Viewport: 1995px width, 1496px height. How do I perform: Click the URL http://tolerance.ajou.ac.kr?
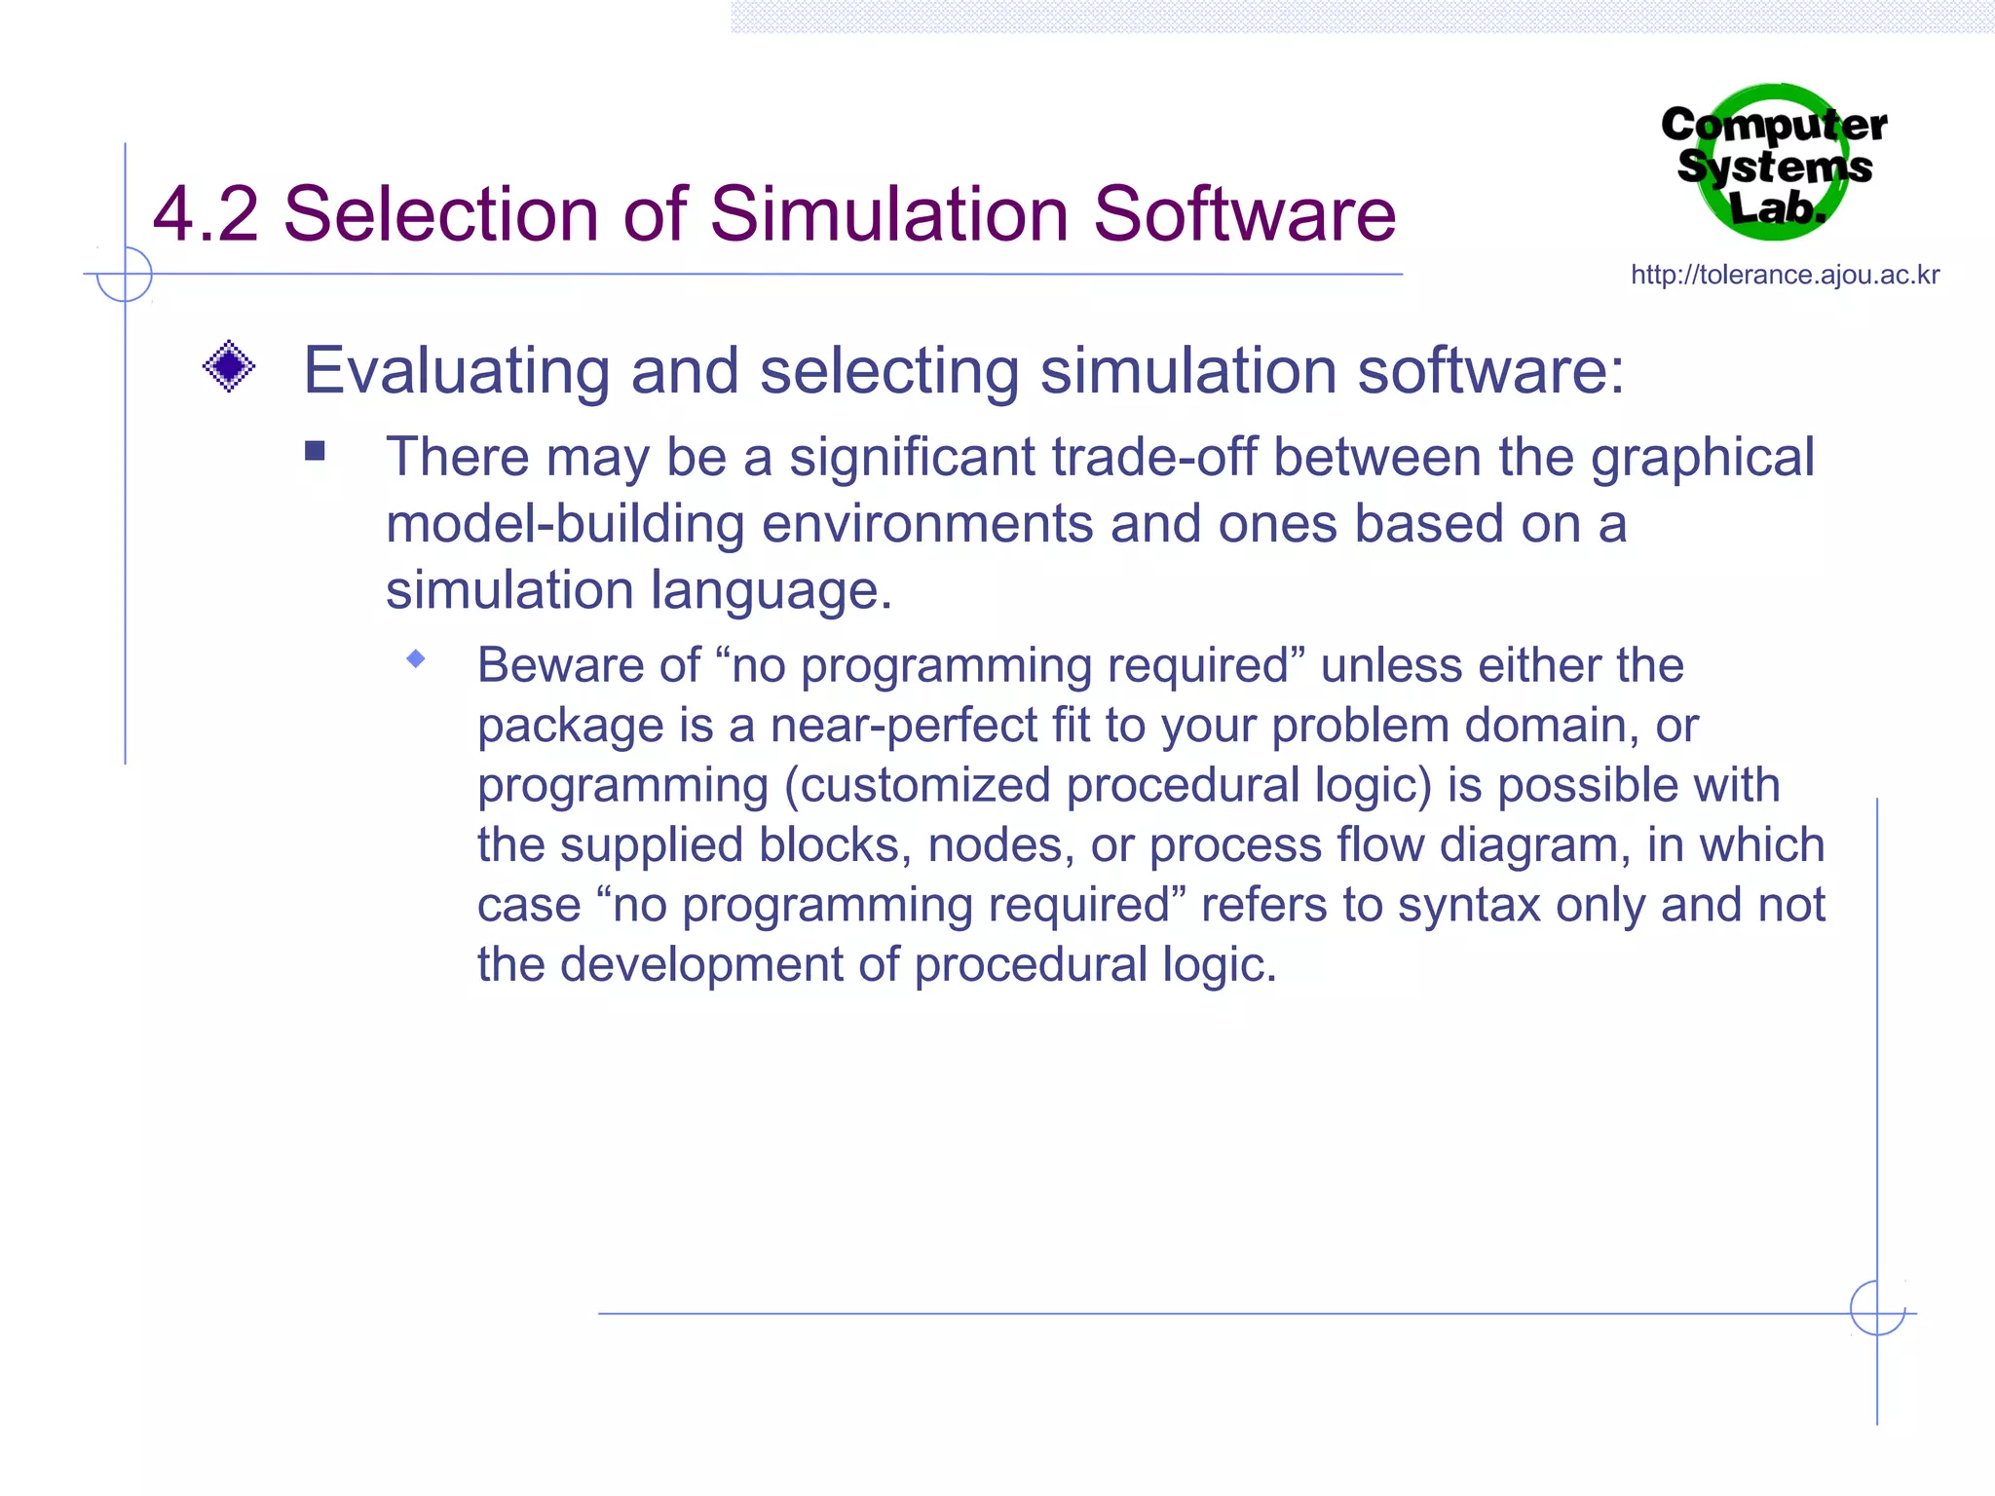(1785, 276)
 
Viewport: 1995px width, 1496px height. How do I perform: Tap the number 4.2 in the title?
(206, 214)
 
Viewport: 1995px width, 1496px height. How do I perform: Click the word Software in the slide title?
(1244, 214)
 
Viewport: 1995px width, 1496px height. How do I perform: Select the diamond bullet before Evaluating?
(229, 367)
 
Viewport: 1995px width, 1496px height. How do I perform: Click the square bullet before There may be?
(315, 451)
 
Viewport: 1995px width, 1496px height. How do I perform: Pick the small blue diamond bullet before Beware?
(416, 659)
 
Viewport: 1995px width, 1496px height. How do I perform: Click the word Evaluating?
(456, 372)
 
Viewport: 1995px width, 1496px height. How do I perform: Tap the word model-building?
(565, 524)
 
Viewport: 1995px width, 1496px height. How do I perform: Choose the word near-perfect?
(904, 727)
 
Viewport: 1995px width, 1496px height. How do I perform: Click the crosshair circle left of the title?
(125, 274)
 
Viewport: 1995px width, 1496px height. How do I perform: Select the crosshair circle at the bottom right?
(1877, 1308)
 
